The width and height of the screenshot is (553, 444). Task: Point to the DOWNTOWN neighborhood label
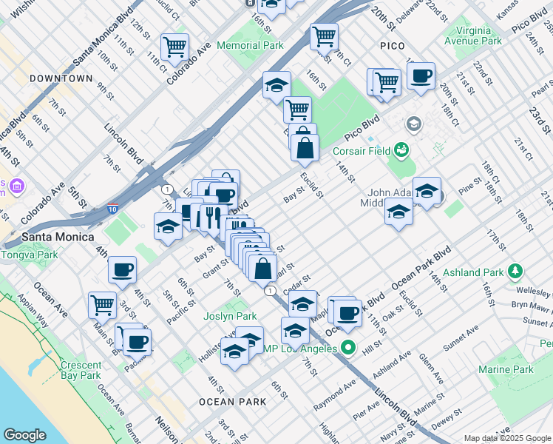pyautogui.click(x=61, y=78)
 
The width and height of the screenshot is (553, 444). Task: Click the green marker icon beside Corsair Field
pyautogui.click(x=401, y=151)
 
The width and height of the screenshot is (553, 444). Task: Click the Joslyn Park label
pyautogui.click(x=230, y=316)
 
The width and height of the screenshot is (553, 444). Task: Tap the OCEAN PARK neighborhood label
pyautogui.click(x=232, y=402)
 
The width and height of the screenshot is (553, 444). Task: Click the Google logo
pyautogui.click(x=24, y=435)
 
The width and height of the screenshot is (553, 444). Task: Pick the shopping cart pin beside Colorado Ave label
pyautogui.click(x=175, y=47)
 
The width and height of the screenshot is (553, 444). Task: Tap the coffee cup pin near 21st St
pyautogui.click(x=421, y=76)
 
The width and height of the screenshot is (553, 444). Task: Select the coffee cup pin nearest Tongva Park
pyautogui.click(x=122, y=270)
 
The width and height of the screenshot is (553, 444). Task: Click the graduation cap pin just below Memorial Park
pyautogui.click(x=276, y=85)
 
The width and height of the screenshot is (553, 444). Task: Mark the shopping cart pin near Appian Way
pyautogui.click(x=102, y=304)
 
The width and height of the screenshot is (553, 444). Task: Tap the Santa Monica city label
pyautogui.click(x=58, y=237)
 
